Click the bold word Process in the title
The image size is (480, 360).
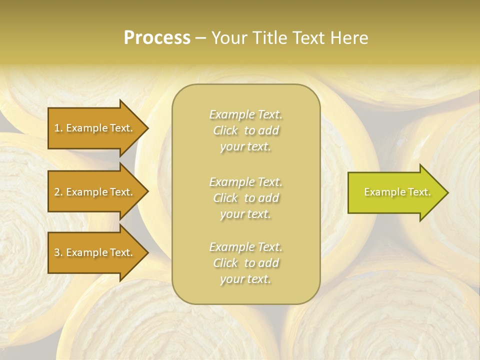pyautogui.click(x=157, y=38)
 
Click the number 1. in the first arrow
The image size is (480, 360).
pyautogui.click(x=58, y=128)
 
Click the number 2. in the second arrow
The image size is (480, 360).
pyautogui.click(x=58, y=192)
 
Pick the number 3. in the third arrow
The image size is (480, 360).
pyautogui.click(x=58, y=252)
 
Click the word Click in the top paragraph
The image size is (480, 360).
pyautogui.click(x=225, y=131)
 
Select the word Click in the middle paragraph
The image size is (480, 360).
pyautogui.click(x=225, y=198)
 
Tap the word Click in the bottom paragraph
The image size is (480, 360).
pyautogui.click(x=225, y=263)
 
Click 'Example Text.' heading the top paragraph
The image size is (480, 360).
pyautogui.click(x=245, y=114)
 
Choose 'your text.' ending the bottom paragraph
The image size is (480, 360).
pyautogui.click(x=245, y=279)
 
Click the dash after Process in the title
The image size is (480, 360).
pyautogui.click(x=201, y=38)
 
